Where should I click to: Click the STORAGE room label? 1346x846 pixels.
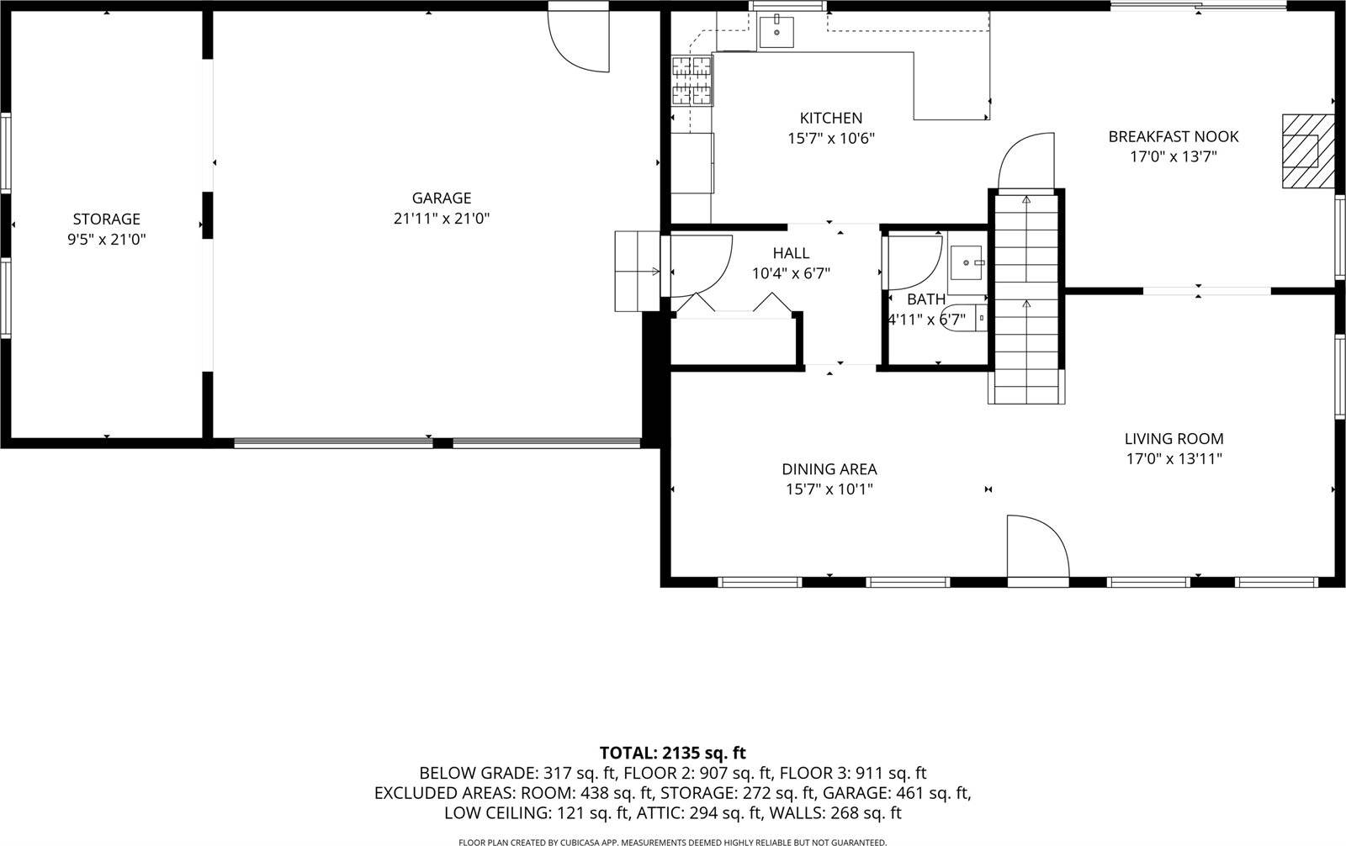(x=106, y=219)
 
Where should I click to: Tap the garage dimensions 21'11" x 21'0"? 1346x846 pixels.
(x=442, y=219)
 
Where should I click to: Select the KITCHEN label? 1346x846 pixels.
(x=830, y=118)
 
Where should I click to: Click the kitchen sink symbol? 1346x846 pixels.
(x=776, y=32)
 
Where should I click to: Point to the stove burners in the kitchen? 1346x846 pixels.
(x=691, y=81)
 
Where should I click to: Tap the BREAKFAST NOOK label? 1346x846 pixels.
(x=1173, y=136)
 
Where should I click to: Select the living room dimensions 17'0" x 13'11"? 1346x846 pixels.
(x=1174, y=459)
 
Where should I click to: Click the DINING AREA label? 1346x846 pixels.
(x=829, y=469)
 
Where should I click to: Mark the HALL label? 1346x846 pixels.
(x=791, y=253)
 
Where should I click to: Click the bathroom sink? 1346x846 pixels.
(x=967, y=264)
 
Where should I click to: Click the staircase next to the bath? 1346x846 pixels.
(x=1025, y=294)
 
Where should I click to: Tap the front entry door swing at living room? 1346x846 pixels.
(x=1037, y=547)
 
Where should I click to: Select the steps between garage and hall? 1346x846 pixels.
(x=637, y=271)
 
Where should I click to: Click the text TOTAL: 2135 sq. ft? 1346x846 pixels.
(x=672, y=753)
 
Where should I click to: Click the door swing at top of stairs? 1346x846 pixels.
(x=1026, y=161)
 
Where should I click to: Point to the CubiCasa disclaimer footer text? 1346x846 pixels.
(x=672, y=841)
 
